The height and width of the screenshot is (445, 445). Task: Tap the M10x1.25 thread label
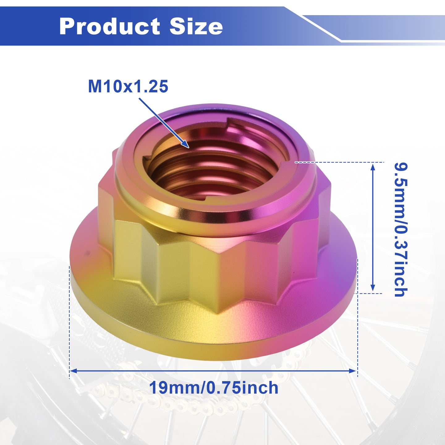tap(128, 87)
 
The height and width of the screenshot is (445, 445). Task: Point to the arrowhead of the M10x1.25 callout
tap(186, 145)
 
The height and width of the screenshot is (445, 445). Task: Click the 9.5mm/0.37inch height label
tap(401, 230)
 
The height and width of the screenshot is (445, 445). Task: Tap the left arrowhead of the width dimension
tap(73, 371)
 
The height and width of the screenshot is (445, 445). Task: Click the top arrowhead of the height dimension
tap(373, 167)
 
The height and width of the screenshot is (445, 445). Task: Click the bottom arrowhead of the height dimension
tap(373, 287)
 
